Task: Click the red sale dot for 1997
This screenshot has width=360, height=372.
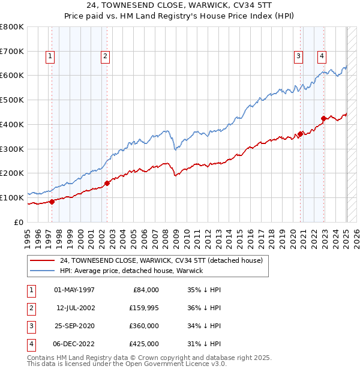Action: [x=52, y=202]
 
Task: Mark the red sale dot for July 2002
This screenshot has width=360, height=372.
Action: [x=107, y=183]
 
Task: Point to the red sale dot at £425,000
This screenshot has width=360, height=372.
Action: [x=324, y=118]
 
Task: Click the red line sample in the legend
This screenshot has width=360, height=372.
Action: [x=42, y=261]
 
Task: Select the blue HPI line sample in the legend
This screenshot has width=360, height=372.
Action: [x=42, y=271]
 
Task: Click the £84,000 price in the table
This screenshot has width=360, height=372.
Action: [x=145, y=290]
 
